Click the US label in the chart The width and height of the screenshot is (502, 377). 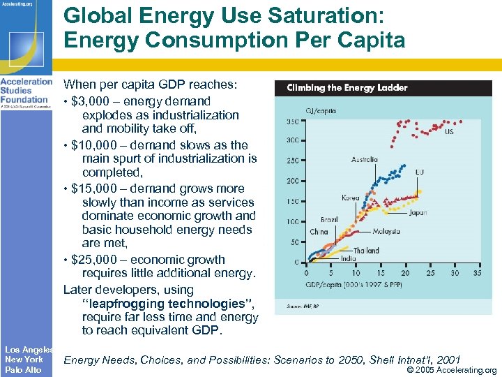[449, 131]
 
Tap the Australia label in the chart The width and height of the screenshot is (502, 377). [365, 159]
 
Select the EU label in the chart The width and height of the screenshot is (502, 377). [420, 172]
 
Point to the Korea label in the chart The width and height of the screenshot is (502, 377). [351, 198]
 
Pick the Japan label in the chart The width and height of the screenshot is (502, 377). [418, 213]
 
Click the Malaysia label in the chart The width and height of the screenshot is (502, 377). [386, 231]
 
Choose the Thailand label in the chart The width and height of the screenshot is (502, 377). [365, 251]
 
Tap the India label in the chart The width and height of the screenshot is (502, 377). [348, 258]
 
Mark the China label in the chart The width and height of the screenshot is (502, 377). [319, 232]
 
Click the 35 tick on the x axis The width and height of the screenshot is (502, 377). [476, 273]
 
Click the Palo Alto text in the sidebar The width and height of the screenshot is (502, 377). [23, 369]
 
